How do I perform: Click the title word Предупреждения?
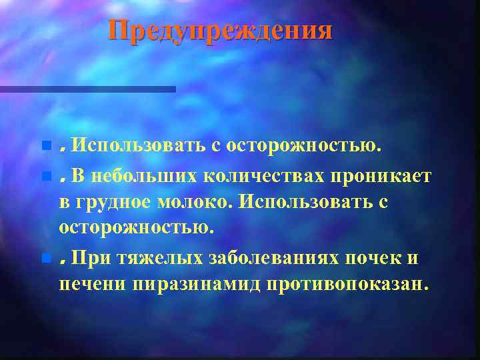click(x=220, y=31)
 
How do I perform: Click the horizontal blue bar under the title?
click(x=87, y=89)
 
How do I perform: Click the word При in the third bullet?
click(x=87, y=257)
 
